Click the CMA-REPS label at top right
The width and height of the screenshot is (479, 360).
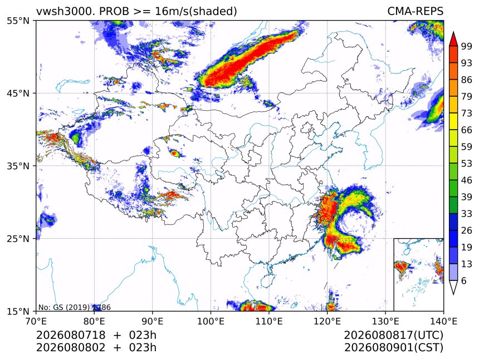click(415, 11)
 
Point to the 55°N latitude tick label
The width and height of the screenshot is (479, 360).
click(18, 21)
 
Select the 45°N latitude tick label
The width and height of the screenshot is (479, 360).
click(18, 93)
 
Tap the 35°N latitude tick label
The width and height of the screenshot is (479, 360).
click(18, 166)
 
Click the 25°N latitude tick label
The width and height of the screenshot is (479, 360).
click(18, 239)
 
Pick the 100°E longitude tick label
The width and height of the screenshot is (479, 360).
click(211, 321)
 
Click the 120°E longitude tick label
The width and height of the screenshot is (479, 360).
click(327, 321)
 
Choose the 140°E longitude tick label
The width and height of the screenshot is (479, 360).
click(443, 321)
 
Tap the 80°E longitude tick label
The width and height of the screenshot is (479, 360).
click(94, 321)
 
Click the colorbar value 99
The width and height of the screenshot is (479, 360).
click(467, 46)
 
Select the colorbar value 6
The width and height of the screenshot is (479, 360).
click(464, 280)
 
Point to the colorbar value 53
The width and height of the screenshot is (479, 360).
click(467, 164)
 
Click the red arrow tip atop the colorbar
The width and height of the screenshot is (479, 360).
click(453, 32)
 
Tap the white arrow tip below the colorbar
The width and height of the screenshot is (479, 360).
click(453, 294)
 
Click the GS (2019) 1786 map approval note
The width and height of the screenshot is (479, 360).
click(74, 307)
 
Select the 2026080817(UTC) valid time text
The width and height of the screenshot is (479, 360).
click(393, 335)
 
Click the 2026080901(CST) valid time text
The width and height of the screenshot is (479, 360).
click(393, 348)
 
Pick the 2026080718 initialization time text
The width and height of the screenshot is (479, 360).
click(71, 335)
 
